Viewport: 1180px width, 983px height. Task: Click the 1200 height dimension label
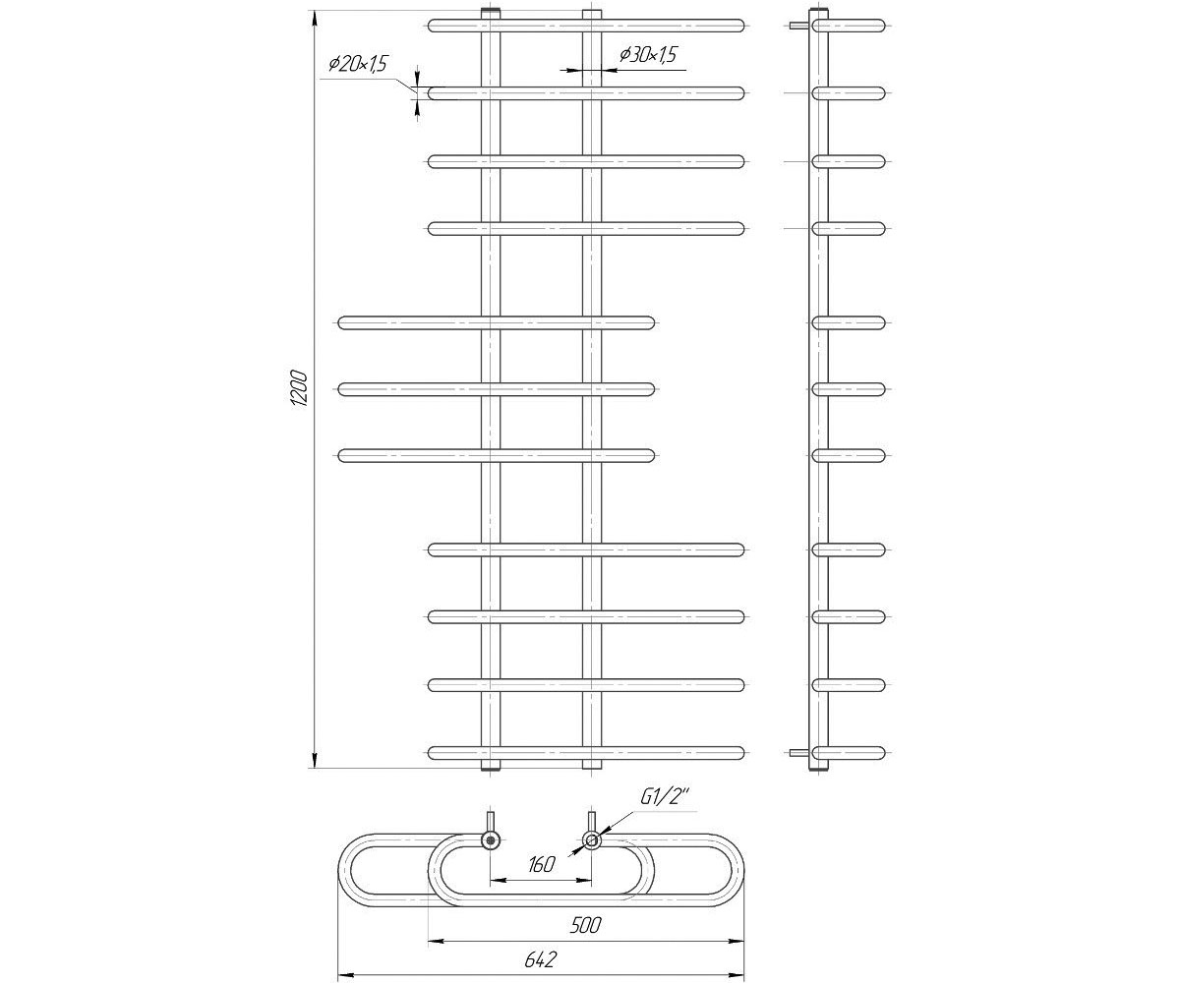click(298, 389)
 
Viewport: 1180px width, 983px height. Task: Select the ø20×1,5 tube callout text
click(358, 64)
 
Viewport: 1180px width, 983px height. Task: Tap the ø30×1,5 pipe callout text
click(648, 54)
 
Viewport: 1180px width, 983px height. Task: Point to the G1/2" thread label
click(665, 797)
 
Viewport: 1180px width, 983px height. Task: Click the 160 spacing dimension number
click(542, 864)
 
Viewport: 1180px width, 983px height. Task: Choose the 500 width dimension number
click(585, 925)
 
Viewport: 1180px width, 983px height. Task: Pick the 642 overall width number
click(541, 959)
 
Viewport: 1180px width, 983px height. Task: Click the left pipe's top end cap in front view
click(491, 14)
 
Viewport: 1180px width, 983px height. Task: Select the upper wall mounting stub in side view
click(799, 25)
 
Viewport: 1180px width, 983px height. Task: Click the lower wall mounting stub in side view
click(799, 753)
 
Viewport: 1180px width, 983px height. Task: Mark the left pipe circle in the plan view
click(491, 840)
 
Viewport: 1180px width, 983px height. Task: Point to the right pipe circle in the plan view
click(592, 840)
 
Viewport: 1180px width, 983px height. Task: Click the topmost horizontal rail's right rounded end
click(738, 26)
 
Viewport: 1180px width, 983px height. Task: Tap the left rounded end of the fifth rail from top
click(344, 323)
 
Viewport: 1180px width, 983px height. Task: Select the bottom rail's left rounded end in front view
click(434, 753)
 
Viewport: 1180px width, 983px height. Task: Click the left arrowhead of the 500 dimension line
click(437, 941)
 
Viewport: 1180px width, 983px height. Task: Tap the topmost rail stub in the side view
click(849, 26)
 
